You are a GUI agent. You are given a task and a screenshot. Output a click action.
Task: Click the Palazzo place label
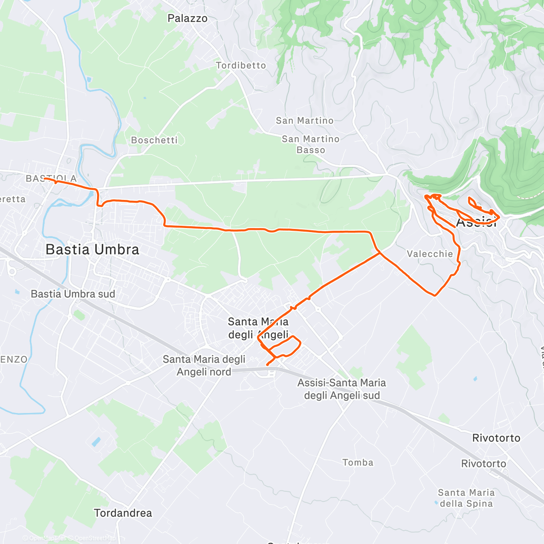coord(187,19)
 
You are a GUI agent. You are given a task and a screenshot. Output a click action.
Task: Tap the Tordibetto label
coord(241,66)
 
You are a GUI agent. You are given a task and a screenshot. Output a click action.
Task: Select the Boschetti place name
coord(154,140)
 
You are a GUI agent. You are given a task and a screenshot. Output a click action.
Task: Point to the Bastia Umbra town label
coord(92,249)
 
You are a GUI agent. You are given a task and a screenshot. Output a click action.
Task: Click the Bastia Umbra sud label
coord(73,294)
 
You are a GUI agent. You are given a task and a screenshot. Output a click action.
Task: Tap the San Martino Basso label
coord(311,145)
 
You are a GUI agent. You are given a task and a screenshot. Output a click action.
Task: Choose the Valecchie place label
coord(430,254)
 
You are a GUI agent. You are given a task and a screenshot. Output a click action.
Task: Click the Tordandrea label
coord(123,513)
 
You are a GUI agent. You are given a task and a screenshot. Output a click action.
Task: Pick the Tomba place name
coord(358,462)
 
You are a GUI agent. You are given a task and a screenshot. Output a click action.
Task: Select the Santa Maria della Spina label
coord(466,498)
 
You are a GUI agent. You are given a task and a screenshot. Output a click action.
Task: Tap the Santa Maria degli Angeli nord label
coord(204,365)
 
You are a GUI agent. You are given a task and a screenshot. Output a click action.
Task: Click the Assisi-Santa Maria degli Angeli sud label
coord(342,389)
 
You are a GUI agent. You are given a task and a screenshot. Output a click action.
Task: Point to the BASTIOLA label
coord(51,179)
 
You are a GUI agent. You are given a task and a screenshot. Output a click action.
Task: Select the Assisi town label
coord(476,223)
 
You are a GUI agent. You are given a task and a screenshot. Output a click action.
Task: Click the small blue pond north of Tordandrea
coord(96,442)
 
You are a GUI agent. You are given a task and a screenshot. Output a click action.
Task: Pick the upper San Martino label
coord(305,121)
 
